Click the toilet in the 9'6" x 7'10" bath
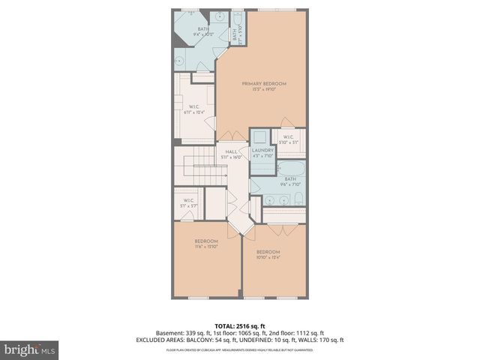[298, 199]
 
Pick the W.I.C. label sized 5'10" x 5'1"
[289, 139]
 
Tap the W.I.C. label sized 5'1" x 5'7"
[189, 202]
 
